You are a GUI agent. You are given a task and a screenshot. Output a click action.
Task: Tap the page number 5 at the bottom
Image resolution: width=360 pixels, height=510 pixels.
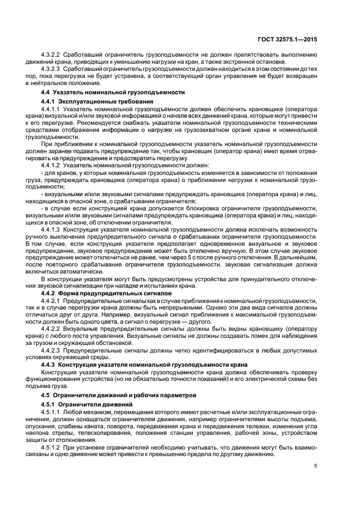click(315, 466)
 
